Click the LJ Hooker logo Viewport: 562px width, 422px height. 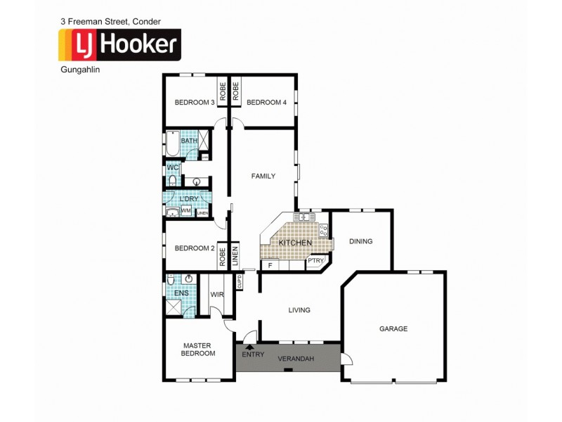119,46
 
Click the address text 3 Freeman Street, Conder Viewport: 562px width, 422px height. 105,22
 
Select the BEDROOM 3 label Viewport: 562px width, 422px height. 195,102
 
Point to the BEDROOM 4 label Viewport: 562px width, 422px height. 267,102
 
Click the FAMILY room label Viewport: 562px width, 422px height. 263,176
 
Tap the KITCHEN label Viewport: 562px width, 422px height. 295,243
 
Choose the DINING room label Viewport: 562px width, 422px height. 360,241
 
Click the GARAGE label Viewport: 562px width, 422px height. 393,328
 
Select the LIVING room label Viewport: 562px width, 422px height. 299,309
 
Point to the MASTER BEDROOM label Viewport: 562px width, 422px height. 199,350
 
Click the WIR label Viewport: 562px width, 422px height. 217,294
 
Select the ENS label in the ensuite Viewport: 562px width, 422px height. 172,293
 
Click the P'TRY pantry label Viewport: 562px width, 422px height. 316,261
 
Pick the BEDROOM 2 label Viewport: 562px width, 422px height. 195,248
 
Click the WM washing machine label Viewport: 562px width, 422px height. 186,210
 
